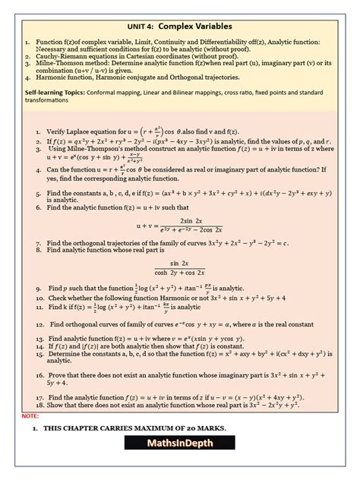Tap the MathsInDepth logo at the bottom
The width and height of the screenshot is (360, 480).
[x=180, y=460]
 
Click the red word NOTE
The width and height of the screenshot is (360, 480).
[x=30, y=417]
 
